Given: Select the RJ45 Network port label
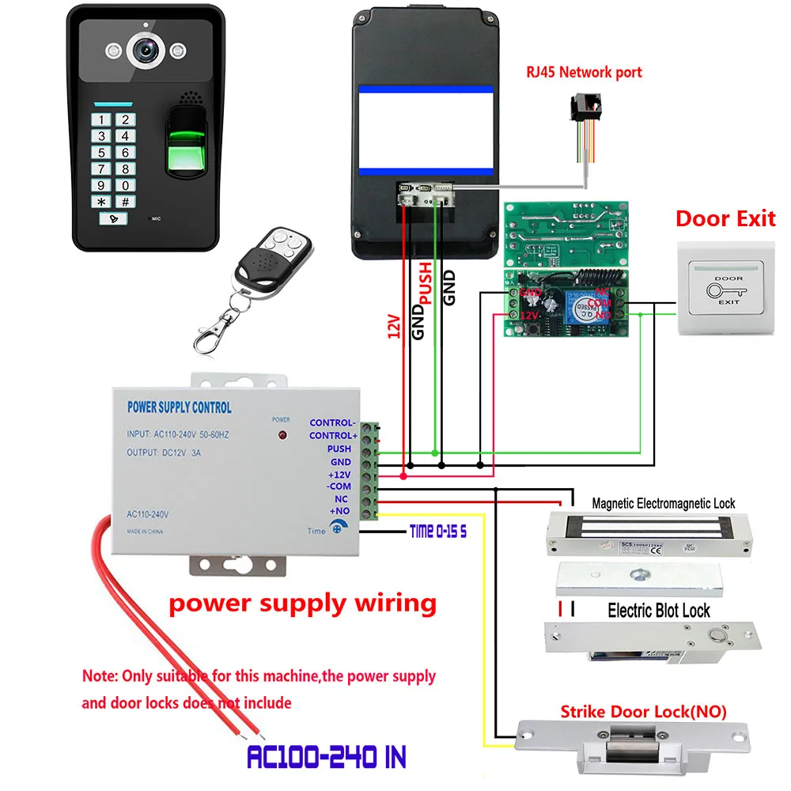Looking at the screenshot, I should click(584, 72).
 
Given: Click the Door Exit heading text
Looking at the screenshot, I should click(725, 218).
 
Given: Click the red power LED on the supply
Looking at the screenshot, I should click(281, 436).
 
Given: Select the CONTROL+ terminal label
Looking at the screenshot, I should click(332, 436).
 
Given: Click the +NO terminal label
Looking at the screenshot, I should click(339, 513).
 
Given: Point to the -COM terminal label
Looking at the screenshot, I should click(339, 487).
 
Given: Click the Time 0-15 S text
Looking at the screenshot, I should click(438, 532).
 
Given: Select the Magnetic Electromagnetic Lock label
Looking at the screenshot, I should click(663, 503).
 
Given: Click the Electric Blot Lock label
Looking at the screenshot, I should click(658, 611).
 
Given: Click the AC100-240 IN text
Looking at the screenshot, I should click(327, 758).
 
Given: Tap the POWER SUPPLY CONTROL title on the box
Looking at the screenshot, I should click(180, 407).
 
